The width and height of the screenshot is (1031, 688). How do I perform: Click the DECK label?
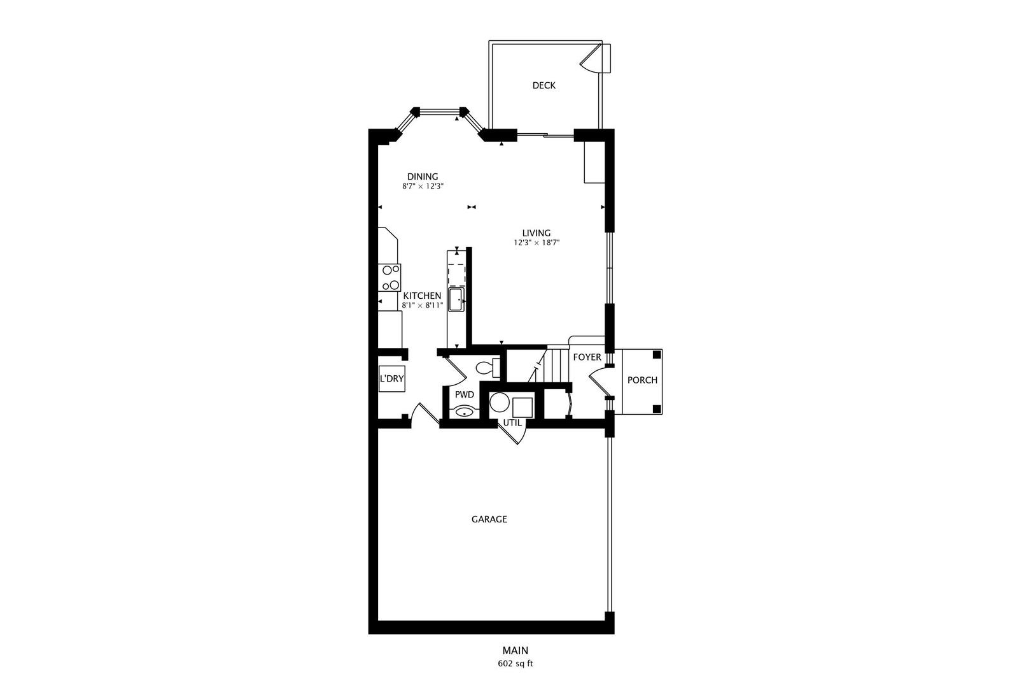[x=544, y=85]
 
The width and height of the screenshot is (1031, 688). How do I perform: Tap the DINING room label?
[x=423, y=176]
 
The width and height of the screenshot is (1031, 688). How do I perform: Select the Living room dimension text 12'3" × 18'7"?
[x=537, y=243]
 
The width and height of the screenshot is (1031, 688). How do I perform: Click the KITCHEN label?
[x=422, y=296]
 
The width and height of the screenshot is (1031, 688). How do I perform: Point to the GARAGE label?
[x=489, y=519]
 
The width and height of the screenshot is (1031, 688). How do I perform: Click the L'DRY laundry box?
[x=391, y=378]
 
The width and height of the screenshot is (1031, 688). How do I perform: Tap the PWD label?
[x=464, y=394]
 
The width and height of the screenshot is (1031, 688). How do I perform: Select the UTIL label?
[x=512, y=422]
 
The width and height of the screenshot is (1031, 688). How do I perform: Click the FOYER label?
[x=587, y=357]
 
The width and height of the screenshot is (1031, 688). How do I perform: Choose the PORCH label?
[x=642, y=380]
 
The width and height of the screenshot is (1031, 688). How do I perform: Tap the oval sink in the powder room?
[x=465, y=412]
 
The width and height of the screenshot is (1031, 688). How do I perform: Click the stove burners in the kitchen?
[x=390, y=278]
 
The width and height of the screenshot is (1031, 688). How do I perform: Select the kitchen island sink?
[x=456, y=299]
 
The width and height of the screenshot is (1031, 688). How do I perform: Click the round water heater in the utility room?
[x=499, y=403]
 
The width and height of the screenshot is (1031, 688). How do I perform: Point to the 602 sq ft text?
[x=515, y=663]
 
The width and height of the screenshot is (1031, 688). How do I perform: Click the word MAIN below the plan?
[x=515, y=650]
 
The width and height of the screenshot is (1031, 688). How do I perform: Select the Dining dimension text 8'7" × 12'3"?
[x=422, y=187]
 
